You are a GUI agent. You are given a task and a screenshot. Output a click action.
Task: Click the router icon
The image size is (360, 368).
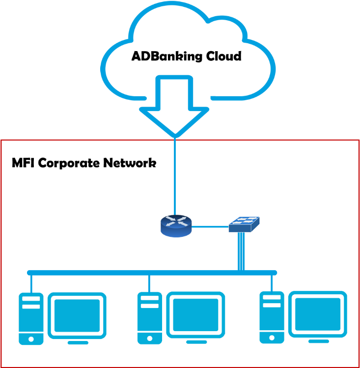[175, 226]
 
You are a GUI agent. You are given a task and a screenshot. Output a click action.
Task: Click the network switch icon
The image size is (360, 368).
[244, 225]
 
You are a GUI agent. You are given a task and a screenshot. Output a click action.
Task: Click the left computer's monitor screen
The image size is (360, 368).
[77, 315]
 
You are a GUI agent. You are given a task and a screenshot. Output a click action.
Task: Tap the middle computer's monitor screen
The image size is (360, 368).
[195, 315]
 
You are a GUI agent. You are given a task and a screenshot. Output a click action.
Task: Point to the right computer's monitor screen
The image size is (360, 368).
[317, 314]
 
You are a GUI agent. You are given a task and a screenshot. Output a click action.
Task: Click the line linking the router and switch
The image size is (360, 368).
[210, 226]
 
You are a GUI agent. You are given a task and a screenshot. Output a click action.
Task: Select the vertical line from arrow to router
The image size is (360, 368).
[175, 177]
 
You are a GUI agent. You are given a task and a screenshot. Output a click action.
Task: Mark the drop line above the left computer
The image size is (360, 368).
[31, 283]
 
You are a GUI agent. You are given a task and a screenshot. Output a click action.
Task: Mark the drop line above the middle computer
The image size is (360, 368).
[149, 283]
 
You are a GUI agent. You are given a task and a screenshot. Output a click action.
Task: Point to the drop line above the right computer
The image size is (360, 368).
[271, 283]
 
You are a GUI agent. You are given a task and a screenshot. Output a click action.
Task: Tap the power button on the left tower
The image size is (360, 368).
[31, 339]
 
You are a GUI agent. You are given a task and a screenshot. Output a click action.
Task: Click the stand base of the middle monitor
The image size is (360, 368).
[196, 342]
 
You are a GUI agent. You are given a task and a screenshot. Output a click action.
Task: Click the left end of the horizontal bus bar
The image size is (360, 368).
[29, 272]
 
